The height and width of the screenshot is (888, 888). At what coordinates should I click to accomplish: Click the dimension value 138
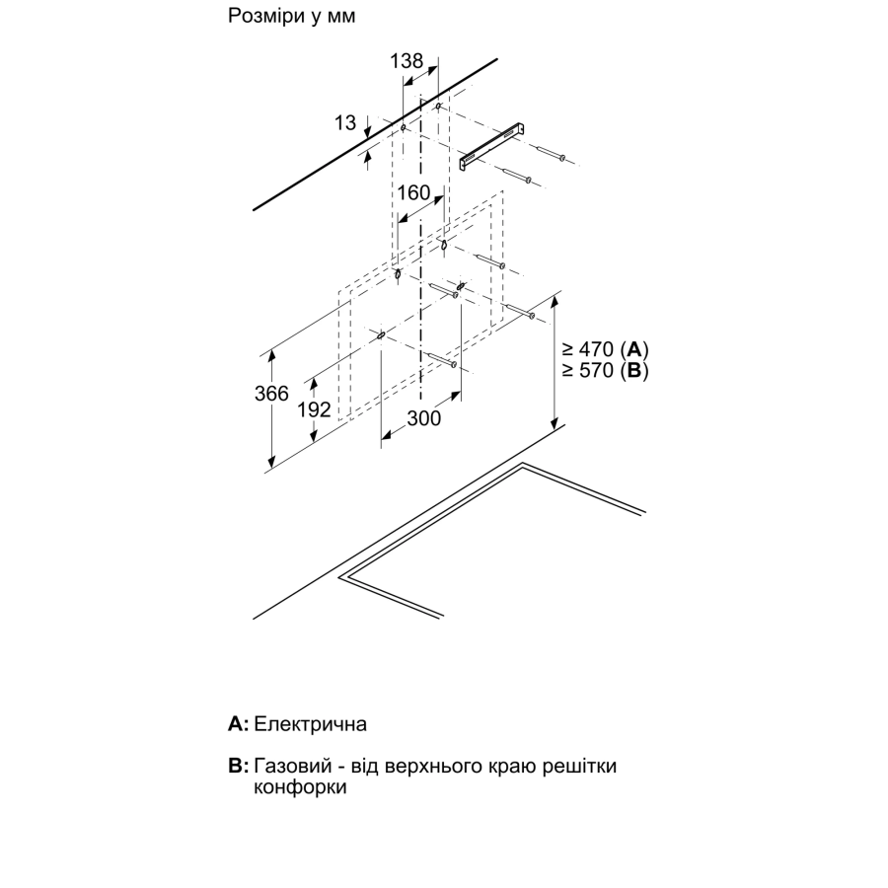point(407,61)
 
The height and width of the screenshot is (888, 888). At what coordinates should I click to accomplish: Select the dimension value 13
point(345,122)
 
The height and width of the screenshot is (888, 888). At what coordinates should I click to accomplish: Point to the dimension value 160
point(413,193)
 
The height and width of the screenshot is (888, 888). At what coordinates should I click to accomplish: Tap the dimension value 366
point(271,393)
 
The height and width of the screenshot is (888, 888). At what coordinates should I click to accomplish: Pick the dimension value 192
point(314,409)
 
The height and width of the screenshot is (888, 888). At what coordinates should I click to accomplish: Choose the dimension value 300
point(423,418)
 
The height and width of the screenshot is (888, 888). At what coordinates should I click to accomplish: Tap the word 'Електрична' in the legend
point(311,724)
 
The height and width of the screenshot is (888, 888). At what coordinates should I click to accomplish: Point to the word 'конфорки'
point(300,787)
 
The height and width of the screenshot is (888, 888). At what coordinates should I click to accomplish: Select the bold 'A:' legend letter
point(238,724)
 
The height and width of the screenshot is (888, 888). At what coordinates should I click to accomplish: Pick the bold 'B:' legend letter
point(239,766)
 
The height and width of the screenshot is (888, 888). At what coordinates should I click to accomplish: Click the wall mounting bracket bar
point(492,146)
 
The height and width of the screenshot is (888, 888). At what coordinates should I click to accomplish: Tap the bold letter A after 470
point(634,349)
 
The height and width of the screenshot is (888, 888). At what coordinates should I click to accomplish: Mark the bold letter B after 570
point(634,370)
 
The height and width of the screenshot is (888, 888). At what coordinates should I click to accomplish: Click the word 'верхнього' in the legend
point(429,767)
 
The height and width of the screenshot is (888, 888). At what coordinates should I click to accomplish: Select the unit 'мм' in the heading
point(341,18)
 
